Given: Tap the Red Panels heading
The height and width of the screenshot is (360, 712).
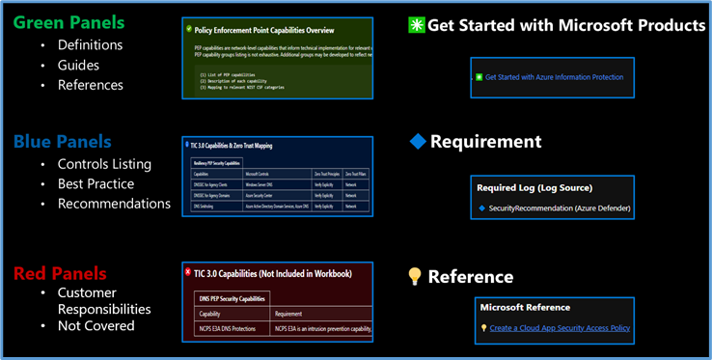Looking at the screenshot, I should click(60, 273).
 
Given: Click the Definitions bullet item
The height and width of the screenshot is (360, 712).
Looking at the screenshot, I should click(90, 44).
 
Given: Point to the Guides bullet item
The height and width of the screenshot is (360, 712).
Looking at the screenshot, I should click(79, 65).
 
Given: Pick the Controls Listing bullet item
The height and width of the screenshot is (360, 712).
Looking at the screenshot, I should click(104, 163).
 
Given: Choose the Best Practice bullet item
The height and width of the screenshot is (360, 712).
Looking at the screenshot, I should click(96, 183).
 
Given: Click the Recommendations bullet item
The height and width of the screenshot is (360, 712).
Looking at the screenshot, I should click(114, 204).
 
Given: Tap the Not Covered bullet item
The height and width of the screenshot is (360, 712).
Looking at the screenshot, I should click(96, 326).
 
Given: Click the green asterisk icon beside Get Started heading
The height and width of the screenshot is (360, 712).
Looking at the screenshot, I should click(417, 25).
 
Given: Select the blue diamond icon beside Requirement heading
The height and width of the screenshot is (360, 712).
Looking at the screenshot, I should click(417, 142).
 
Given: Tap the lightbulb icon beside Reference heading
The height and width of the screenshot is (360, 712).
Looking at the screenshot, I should click(416, 277).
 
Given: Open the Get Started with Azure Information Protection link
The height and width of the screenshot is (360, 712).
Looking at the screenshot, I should click(554, 76).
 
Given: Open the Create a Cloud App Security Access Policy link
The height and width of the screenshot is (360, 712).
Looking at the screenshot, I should click(559, 328).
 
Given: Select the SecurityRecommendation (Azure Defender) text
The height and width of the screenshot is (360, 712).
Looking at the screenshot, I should click(560, 208).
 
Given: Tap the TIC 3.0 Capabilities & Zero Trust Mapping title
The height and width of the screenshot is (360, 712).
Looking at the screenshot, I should click(232, 146).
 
